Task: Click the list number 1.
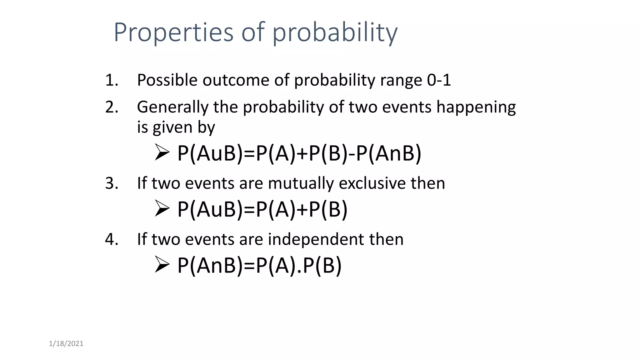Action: [112, 80]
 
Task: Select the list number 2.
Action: [112, 107]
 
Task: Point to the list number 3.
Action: [112, 183]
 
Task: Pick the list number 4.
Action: [112, 239]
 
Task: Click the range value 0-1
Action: [439, 80]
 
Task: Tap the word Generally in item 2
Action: [172, 107]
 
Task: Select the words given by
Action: [184, 127]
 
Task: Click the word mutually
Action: [301, 183]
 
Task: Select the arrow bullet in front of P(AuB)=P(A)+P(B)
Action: [162, 208]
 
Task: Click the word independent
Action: [316, 239]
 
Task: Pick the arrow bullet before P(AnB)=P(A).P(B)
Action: [162, 265]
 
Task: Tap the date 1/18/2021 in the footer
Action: [66, 344]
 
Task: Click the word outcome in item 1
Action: [236, 80]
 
